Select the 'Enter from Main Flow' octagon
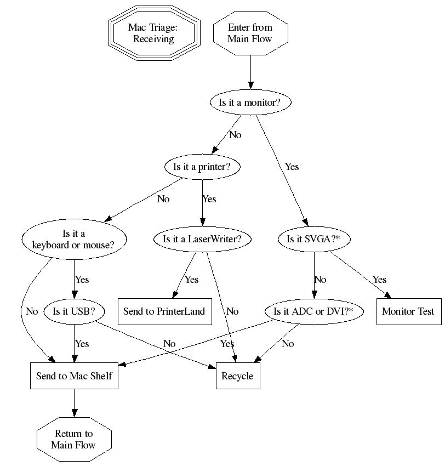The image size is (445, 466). (250, 33)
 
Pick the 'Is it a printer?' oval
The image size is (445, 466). (203, 167)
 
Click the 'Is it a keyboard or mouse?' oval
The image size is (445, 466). (74, 239)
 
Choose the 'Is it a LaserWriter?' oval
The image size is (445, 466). (202, 239)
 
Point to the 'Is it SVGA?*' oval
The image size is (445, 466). (314, 239)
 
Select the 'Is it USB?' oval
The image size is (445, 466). (74, 311)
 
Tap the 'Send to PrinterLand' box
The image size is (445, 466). (164, 311)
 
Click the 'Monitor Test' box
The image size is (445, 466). (408, 311)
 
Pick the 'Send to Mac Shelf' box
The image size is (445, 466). (74, 376)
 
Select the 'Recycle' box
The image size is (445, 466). (237, 376)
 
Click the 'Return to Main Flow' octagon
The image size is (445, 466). (74, 440)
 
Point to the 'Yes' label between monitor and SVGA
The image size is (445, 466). (292, 166)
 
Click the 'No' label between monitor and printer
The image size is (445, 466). (235, 134)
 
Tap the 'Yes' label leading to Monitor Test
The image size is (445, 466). (379, 280)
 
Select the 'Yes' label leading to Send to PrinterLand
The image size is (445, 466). (191, 280)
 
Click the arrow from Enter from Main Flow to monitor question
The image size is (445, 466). (250, 71)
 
